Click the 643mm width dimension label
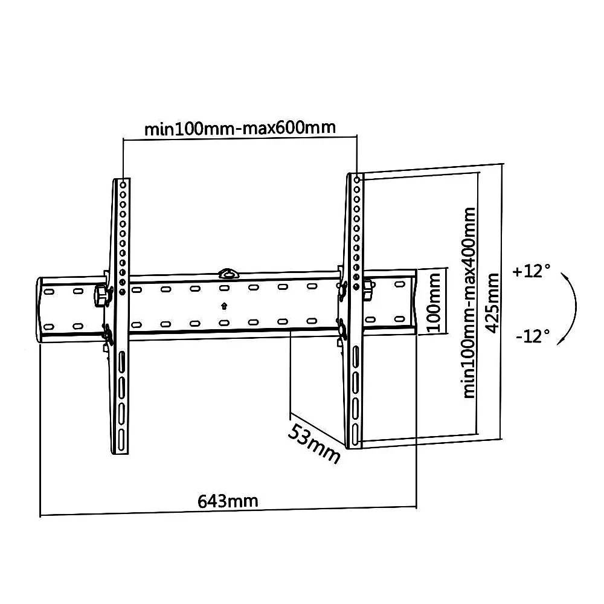[x=228, y=501]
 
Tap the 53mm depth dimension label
[x=313, y=443]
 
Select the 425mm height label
[x=492, y=302]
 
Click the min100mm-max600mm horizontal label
[x=240, y=128]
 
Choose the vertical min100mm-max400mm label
[x=469, y=302]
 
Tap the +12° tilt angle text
[x=532, y=271]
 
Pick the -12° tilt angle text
[x=533, y=335]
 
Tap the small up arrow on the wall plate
[x=224, y=306]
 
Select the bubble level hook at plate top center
[x=228, y=273]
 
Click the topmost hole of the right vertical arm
[x=356, y=179]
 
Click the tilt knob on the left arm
[x=100, y=297]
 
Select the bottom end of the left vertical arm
[x=121, y=451]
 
